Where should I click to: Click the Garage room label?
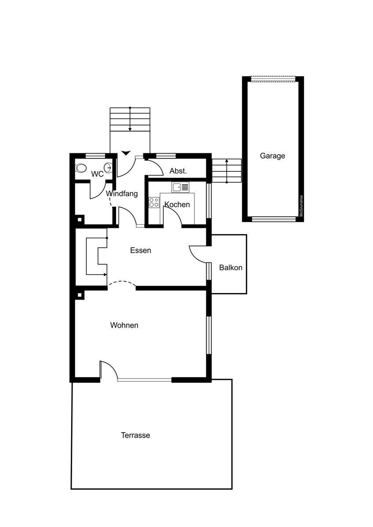[x=272, y=156]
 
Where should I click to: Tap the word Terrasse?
[x=135, y=435]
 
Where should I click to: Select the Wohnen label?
[x=124, y=325]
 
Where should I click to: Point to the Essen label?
[x=141, y=250]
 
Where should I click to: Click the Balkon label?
[x=230, y=267]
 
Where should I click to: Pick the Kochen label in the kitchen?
[x=177, y=205]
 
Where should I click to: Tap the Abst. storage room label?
[x=178, y=171]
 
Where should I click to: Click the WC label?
[x=97, y=174]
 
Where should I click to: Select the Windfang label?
[x=122, y=194]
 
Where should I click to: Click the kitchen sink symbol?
[x=180, y=187]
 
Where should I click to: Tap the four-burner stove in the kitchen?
[x=154, y=202]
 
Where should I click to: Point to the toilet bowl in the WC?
[x=81, y=168]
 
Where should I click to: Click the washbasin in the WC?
[x=109, y=168]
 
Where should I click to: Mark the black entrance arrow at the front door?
[x=126, y=153]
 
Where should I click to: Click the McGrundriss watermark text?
[x=301, y=206]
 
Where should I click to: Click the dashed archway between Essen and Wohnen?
[x=122, y=283]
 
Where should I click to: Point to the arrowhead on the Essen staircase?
[x=105, y=274]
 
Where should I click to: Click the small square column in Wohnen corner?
[x=80, y=295]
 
